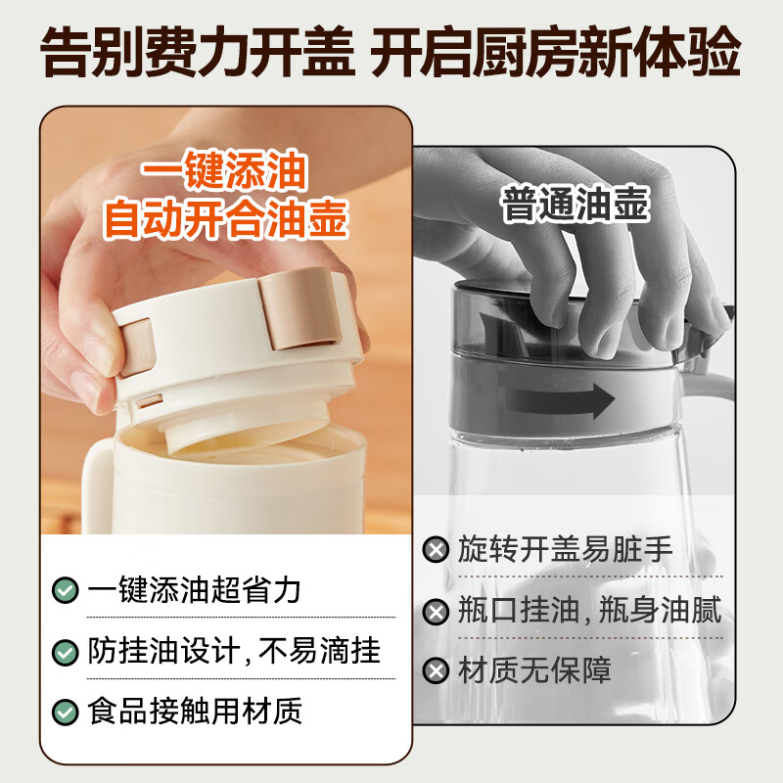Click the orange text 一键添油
(224, 170)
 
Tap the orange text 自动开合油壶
(226, 218)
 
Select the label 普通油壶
(575, 205)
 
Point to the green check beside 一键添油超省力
(65, 590)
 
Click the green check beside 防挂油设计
(65, 652)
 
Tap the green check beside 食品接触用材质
(65, 713)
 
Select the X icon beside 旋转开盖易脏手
(436, 550)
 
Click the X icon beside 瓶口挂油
(436, 612)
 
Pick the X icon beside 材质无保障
(436, 670)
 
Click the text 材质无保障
(534, 670)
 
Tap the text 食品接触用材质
(195, 712)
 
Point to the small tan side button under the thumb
(136, 346)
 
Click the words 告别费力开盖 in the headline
(198, 53)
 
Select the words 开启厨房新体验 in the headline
(555, 53)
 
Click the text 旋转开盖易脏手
(566, 549)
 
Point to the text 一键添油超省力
(194, 590)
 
